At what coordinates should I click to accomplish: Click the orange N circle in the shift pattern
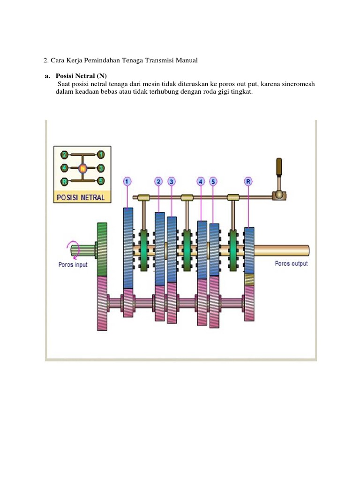click(82, 167)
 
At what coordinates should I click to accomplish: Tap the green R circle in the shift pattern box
click(65, 181)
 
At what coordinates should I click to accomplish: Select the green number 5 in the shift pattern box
click(101, 180)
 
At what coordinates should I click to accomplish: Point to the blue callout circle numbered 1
click(127, 181)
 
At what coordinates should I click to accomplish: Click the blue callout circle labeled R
click(248, 181)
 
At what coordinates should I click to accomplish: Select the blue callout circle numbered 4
click(201, 181)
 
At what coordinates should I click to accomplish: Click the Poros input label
click(73, 264)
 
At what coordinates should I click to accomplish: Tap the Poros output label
click(291, 263)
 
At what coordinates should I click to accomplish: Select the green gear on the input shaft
click(102, 249)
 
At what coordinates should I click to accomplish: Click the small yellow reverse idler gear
click(250, 280)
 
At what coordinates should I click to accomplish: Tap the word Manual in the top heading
click(187, 60)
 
